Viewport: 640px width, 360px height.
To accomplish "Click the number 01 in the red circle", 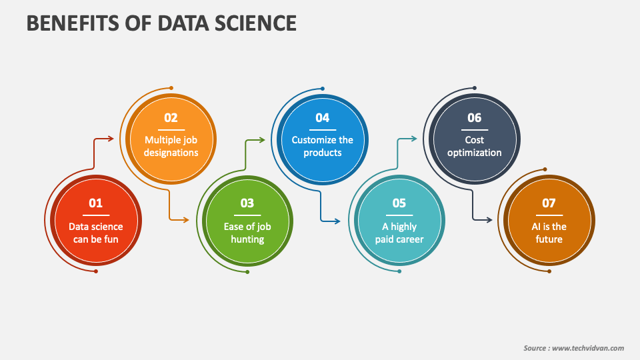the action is (x=95, y=203).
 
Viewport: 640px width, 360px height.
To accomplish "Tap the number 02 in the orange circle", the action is (x=171, y=118).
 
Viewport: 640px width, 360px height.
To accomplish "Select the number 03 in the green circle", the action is (x=247, y=203).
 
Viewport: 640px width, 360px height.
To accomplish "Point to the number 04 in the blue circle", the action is (x=323, y=118).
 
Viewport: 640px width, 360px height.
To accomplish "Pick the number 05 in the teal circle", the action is (x=399, y=203).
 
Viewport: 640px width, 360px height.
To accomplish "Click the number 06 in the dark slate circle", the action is (x=474, y=118).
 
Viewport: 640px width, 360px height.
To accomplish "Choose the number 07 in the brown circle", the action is (x=549, y=203).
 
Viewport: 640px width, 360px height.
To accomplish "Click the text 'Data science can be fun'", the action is (x=95, y=233).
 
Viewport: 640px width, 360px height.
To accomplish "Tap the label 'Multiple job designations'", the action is (x=171, y=146).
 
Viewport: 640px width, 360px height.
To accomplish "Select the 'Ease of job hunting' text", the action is (x=247, y=233).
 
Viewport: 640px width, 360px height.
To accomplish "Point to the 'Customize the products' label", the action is (x=323, y=146).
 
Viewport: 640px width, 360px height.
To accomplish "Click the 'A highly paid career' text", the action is (x=399, y=233).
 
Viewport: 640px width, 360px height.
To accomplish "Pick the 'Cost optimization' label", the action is (x=474, y=146).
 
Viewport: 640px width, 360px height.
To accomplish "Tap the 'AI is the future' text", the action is (x=549, y=233).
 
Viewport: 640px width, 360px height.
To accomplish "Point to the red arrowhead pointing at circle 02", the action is (x=111, y=139).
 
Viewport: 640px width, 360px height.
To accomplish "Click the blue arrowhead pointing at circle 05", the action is (x=337, y=221).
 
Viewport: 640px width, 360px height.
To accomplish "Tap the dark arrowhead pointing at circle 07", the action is (x=489, y=220).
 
